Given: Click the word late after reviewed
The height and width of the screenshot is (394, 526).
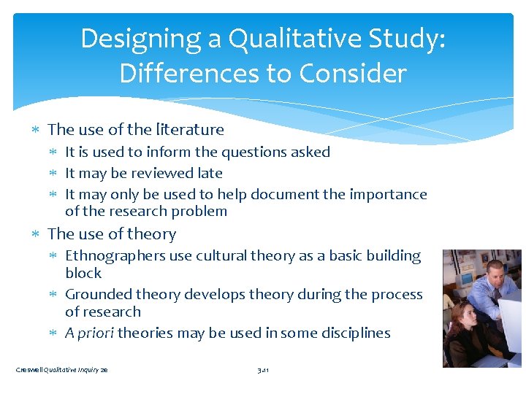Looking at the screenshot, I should [208, 174].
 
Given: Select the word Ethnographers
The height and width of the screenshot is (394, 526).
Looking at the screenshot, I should [113, 256].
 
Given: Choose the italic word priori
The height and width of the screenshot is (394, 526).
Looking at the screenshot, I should [96, 333].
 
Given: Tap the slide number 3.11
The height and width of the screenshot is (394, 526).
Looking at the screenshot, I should [264, 371].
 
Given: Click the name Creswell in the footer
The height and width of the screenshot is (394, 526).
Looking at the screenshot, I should [28, 371].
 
